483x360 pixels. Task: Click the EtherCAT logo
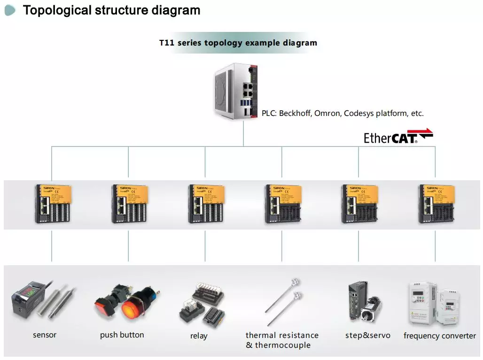(398, 136)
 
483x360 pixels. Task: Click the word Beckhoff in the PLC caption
(295, 113)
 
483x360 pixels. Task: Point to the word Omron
(327, 113)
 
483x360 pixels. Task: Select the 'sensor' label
(45, 335)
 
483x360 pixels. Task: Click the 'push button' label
(122, 335)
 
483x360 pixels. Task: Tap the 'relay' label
(199, 336)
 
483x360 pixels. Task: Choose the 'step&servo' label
(367, 335)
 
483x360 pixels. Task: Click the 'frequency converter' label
(439, 336)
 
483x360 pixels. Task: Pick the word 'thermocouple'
(282, 345)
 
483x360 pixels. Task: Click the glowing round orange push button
(134, 307)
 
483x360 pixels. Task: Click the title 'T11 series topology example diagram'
(238, 43)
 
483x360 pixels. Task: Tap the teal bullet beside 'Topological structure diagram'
(10, 10)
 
